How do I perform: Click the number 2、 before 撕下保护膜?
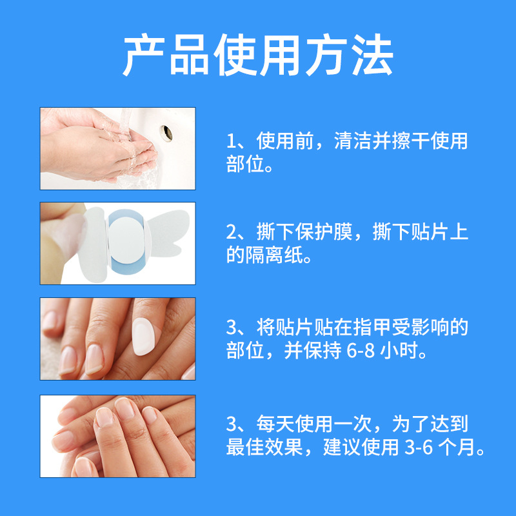point(236,233)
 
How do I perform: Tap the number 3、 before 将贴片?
point(236,328)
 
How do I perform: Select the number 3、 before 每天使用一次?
point(236,424)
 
